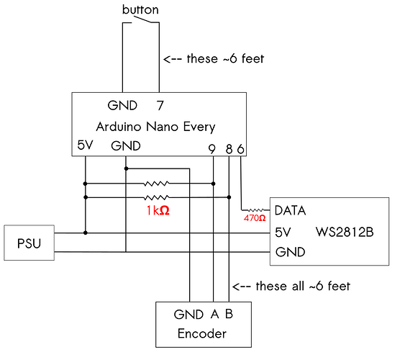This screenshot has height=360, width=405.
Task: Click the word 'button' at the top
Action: [140, 10]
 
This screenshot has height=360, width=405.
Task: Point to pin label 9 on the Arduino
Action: [211, 149]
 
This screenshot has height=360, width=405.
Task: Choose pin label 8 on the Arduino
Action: [229, 149]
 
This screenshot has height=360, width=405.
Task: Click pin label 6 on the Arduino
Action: [240, 149]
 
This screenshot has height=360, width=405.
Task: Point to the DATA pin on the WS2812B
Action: [291, 212]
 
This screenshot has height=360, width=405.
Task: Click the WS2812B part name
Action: [346, 233]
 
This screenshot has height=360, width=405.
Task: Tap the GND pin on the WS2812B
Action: [290, 253]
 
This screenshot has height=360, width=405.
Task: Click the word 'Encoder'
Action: [203, 333]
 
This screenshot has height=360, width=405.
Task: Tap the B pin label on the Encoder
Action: [228, 315]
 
